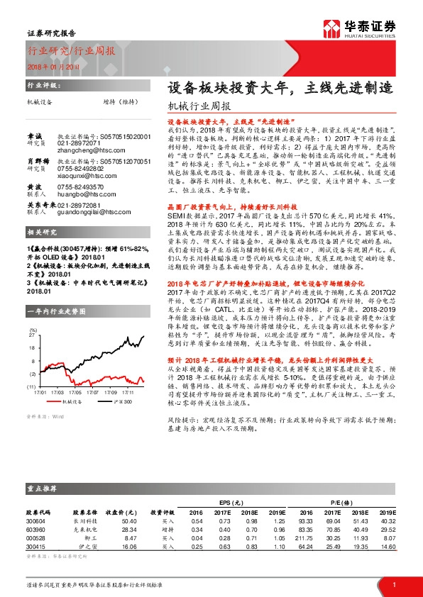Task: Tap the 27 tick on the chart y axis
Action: point(32,333)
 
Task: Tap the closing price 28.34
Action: point(128,529)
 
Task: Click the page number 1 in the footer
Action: point(393,584)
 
